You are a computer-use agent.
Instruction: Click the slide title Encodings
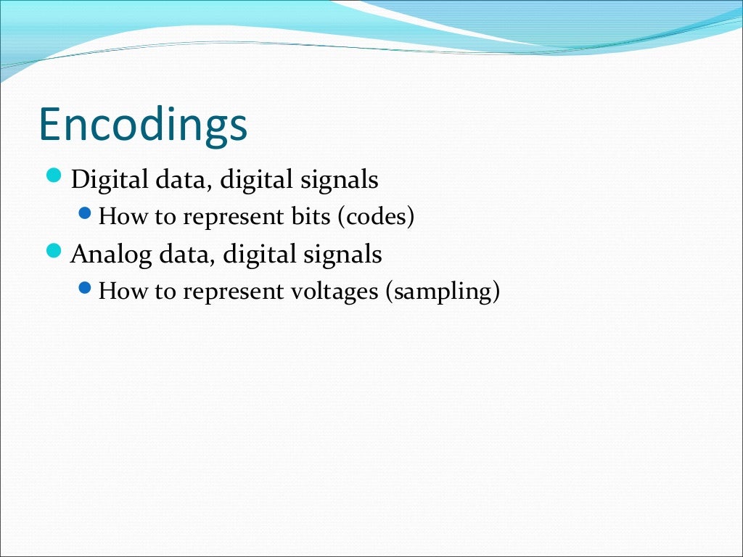point(143,125)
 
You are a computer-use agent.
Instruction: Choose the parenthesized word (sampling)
point(443,292)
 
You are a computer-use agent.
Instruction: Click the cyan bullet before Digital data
point(54,176)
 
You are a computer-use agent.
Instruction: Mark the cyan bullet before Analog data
point(54,251)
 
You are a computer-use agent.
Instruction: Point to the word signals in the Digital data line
point(342,180)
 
